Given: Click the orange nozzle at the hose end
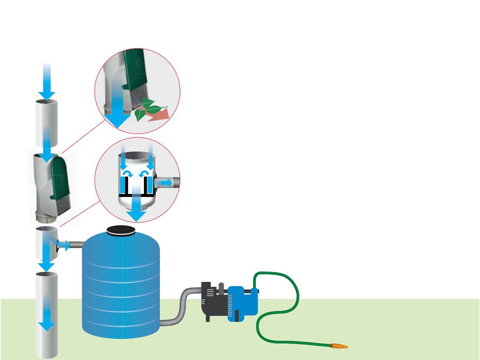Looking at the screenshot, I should tap(340, 345).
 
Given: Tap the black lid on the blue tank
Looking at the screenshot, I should tap(120, 230).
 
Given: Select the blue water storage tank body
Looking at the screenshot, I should tap(120, 288).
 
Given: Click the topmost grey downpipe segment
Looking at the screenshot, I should tap(47, 124).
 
